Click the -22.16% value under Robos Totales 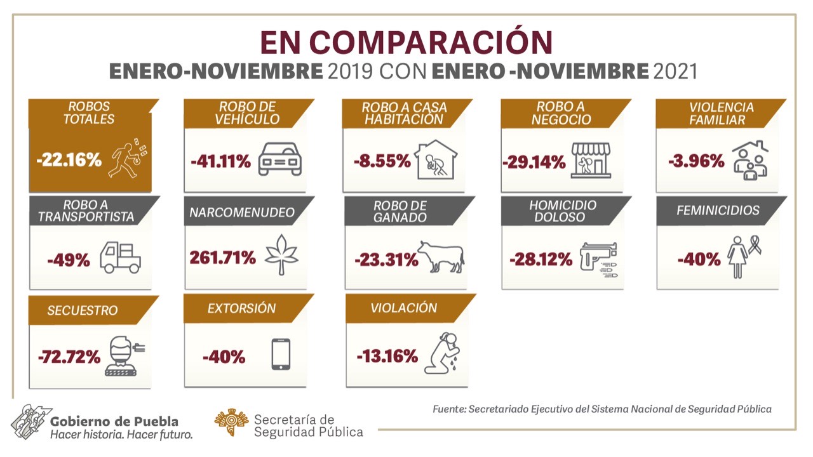coord(69,160)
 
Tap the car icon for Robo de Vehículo coord(280,159)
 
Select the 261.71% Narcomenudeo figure coord(222,258)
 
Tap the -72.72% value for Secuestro coord(69,357)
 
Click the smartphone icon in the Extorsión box coord(281,354)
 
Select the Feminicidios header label coord(718,210)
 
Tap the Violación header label coord(404,308)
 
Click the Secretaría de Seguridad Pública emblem coord(231,422)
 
